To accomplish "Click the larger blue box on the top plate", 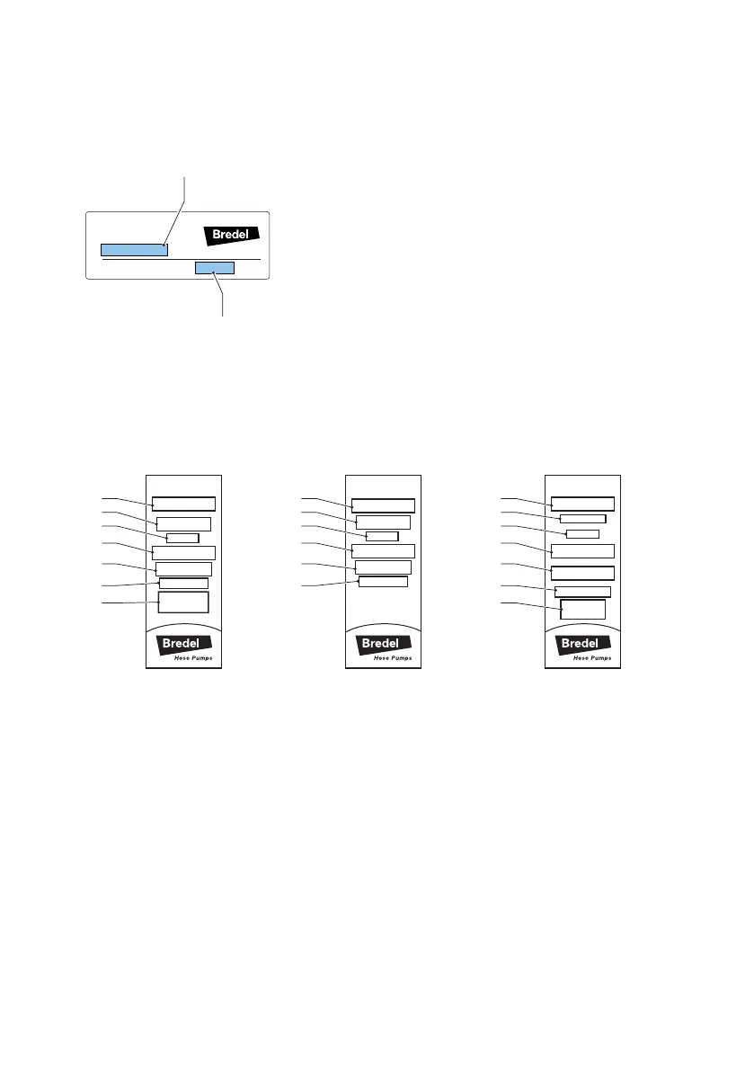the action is pos(133,249).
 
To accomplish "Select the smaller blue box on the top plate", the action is pos(215,268).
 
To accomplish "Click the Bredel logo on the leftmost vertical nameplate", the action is pos(183,644).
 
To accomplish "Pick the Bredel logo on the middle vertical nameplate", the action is pos(384,644).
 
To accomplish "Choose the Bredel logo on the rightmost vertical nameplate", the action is pos(584,644).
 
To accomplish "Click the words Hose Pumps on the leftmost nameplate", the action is pos(192,659).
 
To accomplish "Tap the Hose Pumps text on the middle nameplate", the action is pos(393,659).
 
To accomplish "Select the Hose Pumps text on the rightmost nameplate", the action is pos(593,659).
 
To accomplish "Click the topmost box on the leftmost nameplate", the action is pos(183,504).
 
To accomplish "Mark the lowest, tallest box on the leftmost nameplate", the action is pos(183,602).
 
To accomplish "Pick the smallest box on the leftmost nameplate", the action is pos(182,538).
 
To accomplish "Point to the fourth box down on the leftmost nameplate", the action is pos(183,552).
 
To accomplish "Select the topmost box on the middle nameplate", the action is pos(383,504).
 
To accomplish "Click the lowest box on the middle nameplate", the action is pos(383,582).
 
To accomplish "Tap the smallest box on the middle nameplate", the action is pos(382,537).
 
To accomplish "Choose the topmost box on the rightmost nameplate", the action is pos(582,504).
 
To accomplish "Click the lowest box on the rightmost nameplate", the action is pos(582,609).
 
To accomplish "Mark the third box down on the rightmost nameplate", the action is pos(582,534).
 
